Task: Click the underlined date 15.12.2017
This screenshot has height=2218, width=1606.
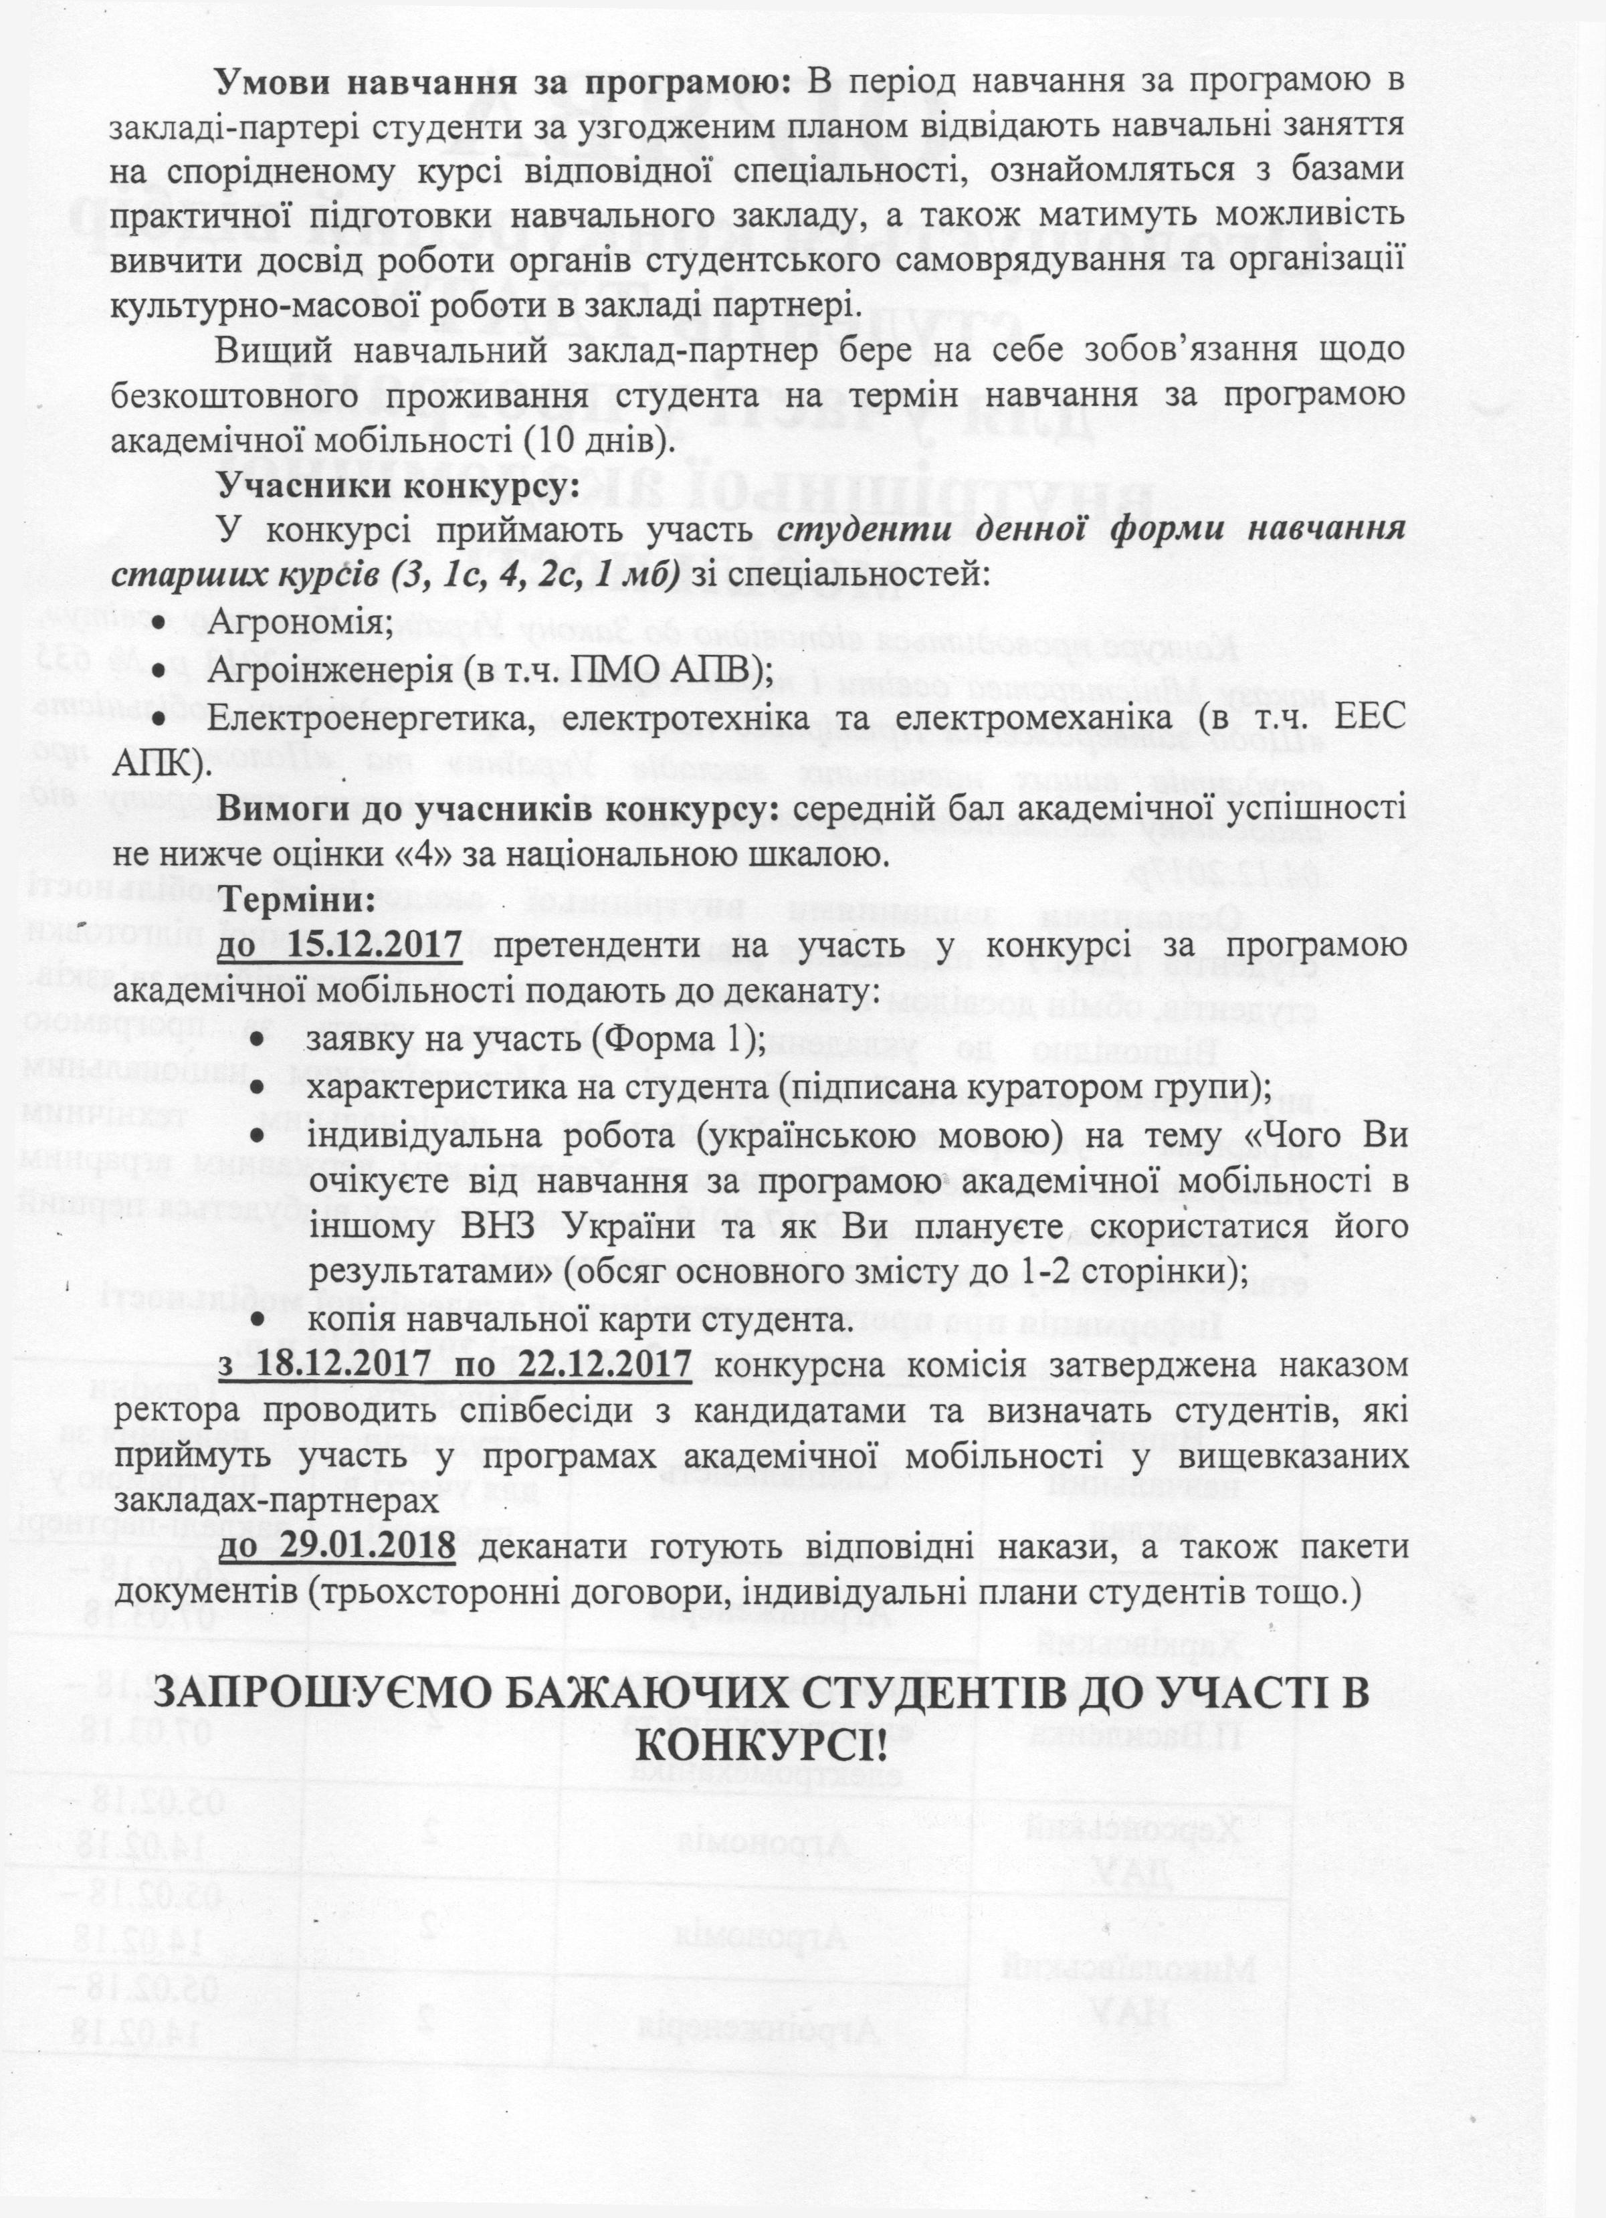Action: point(376,946)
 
